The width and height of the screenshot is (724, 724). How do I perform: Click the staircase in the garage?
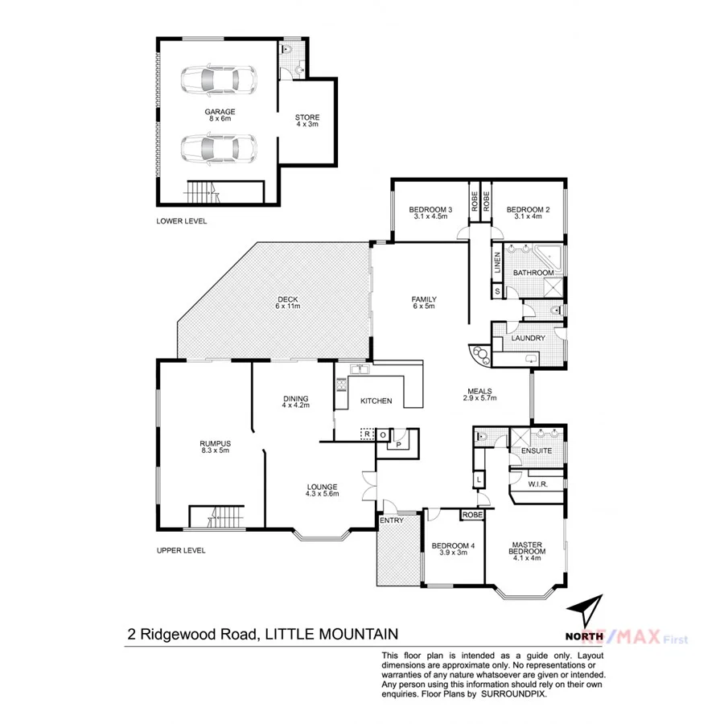[203, 191]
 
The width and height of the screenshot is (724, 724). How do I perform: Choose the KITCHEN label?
[375, 401]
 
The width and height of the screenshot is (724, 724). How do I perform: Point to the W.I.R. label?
[538, 484]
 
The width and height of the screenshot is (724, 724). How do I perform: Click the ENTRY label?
[391, 520]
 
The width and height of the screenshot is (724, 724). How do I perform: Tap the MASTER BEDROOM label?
[529, 549]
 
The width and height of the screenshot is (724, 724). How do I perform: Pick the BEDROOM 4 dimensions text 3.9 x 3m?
[453, 553]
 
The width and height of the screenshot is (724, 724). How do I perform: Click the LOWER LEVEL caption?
[182, 220]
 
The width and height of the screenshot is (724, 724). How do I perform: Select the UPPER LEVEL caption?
[181, 551]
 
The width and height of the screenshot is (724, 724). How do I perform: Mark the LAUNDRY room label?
[529, 338]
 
